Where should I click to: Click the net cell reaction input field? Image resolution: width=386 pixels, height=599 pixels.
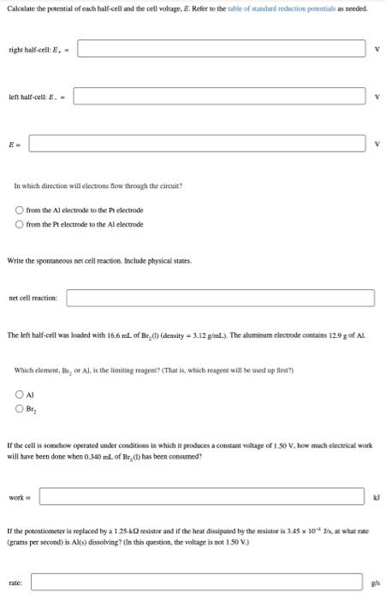(220, 298)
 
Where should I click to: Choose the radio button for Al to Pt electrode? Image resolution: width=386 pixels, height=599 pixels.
(21, 210)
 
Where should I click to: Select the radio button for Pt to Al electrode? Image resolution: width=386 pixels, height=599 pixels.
(21, 224)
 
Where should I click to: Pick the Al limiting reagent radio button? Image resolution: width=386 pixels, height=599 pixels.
(21, 394)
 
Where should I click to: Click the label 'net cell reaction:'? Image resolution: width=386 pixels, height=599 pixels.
(33, 298)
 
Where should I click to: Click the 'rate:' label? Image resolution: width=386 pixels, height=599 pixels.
(15, 584)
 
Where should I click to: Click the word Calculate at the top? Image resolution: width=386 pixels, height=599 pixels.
(21, 8)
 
